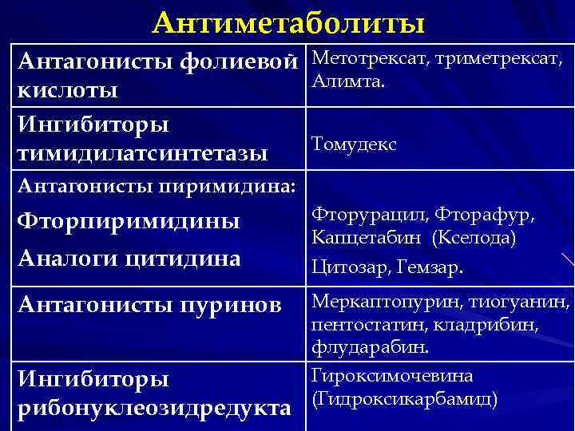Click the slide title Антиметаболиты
click(288, 22)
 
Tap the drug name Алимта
click(348, 79)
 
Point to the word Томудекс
click(353, 144)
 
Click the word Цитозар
click(343, 267)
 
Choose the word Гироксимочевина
click(391, 375)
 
